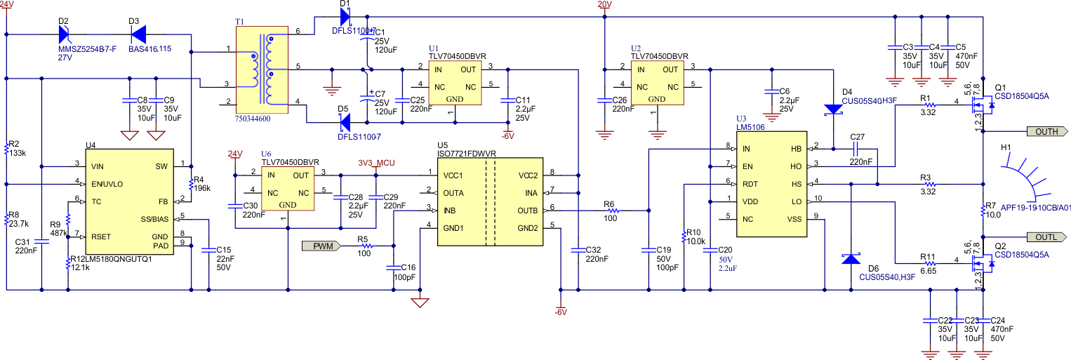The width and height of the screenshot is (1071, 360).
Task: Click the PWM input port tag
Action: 322,246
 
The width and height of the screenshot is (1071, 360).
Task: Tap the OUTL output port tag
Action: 1046,237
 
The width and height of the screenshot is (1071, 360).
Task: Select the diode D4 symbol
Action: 833,109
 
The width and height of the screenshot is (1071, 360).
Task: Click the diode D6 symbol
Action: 851,259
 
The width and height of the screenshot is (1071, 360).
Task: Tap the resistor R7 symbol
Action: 983,210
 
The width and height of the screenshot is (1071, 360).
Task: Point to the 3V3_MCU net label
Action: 377,164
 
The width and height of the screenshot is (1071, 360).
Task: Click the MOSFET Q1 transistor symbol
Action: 982,107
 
